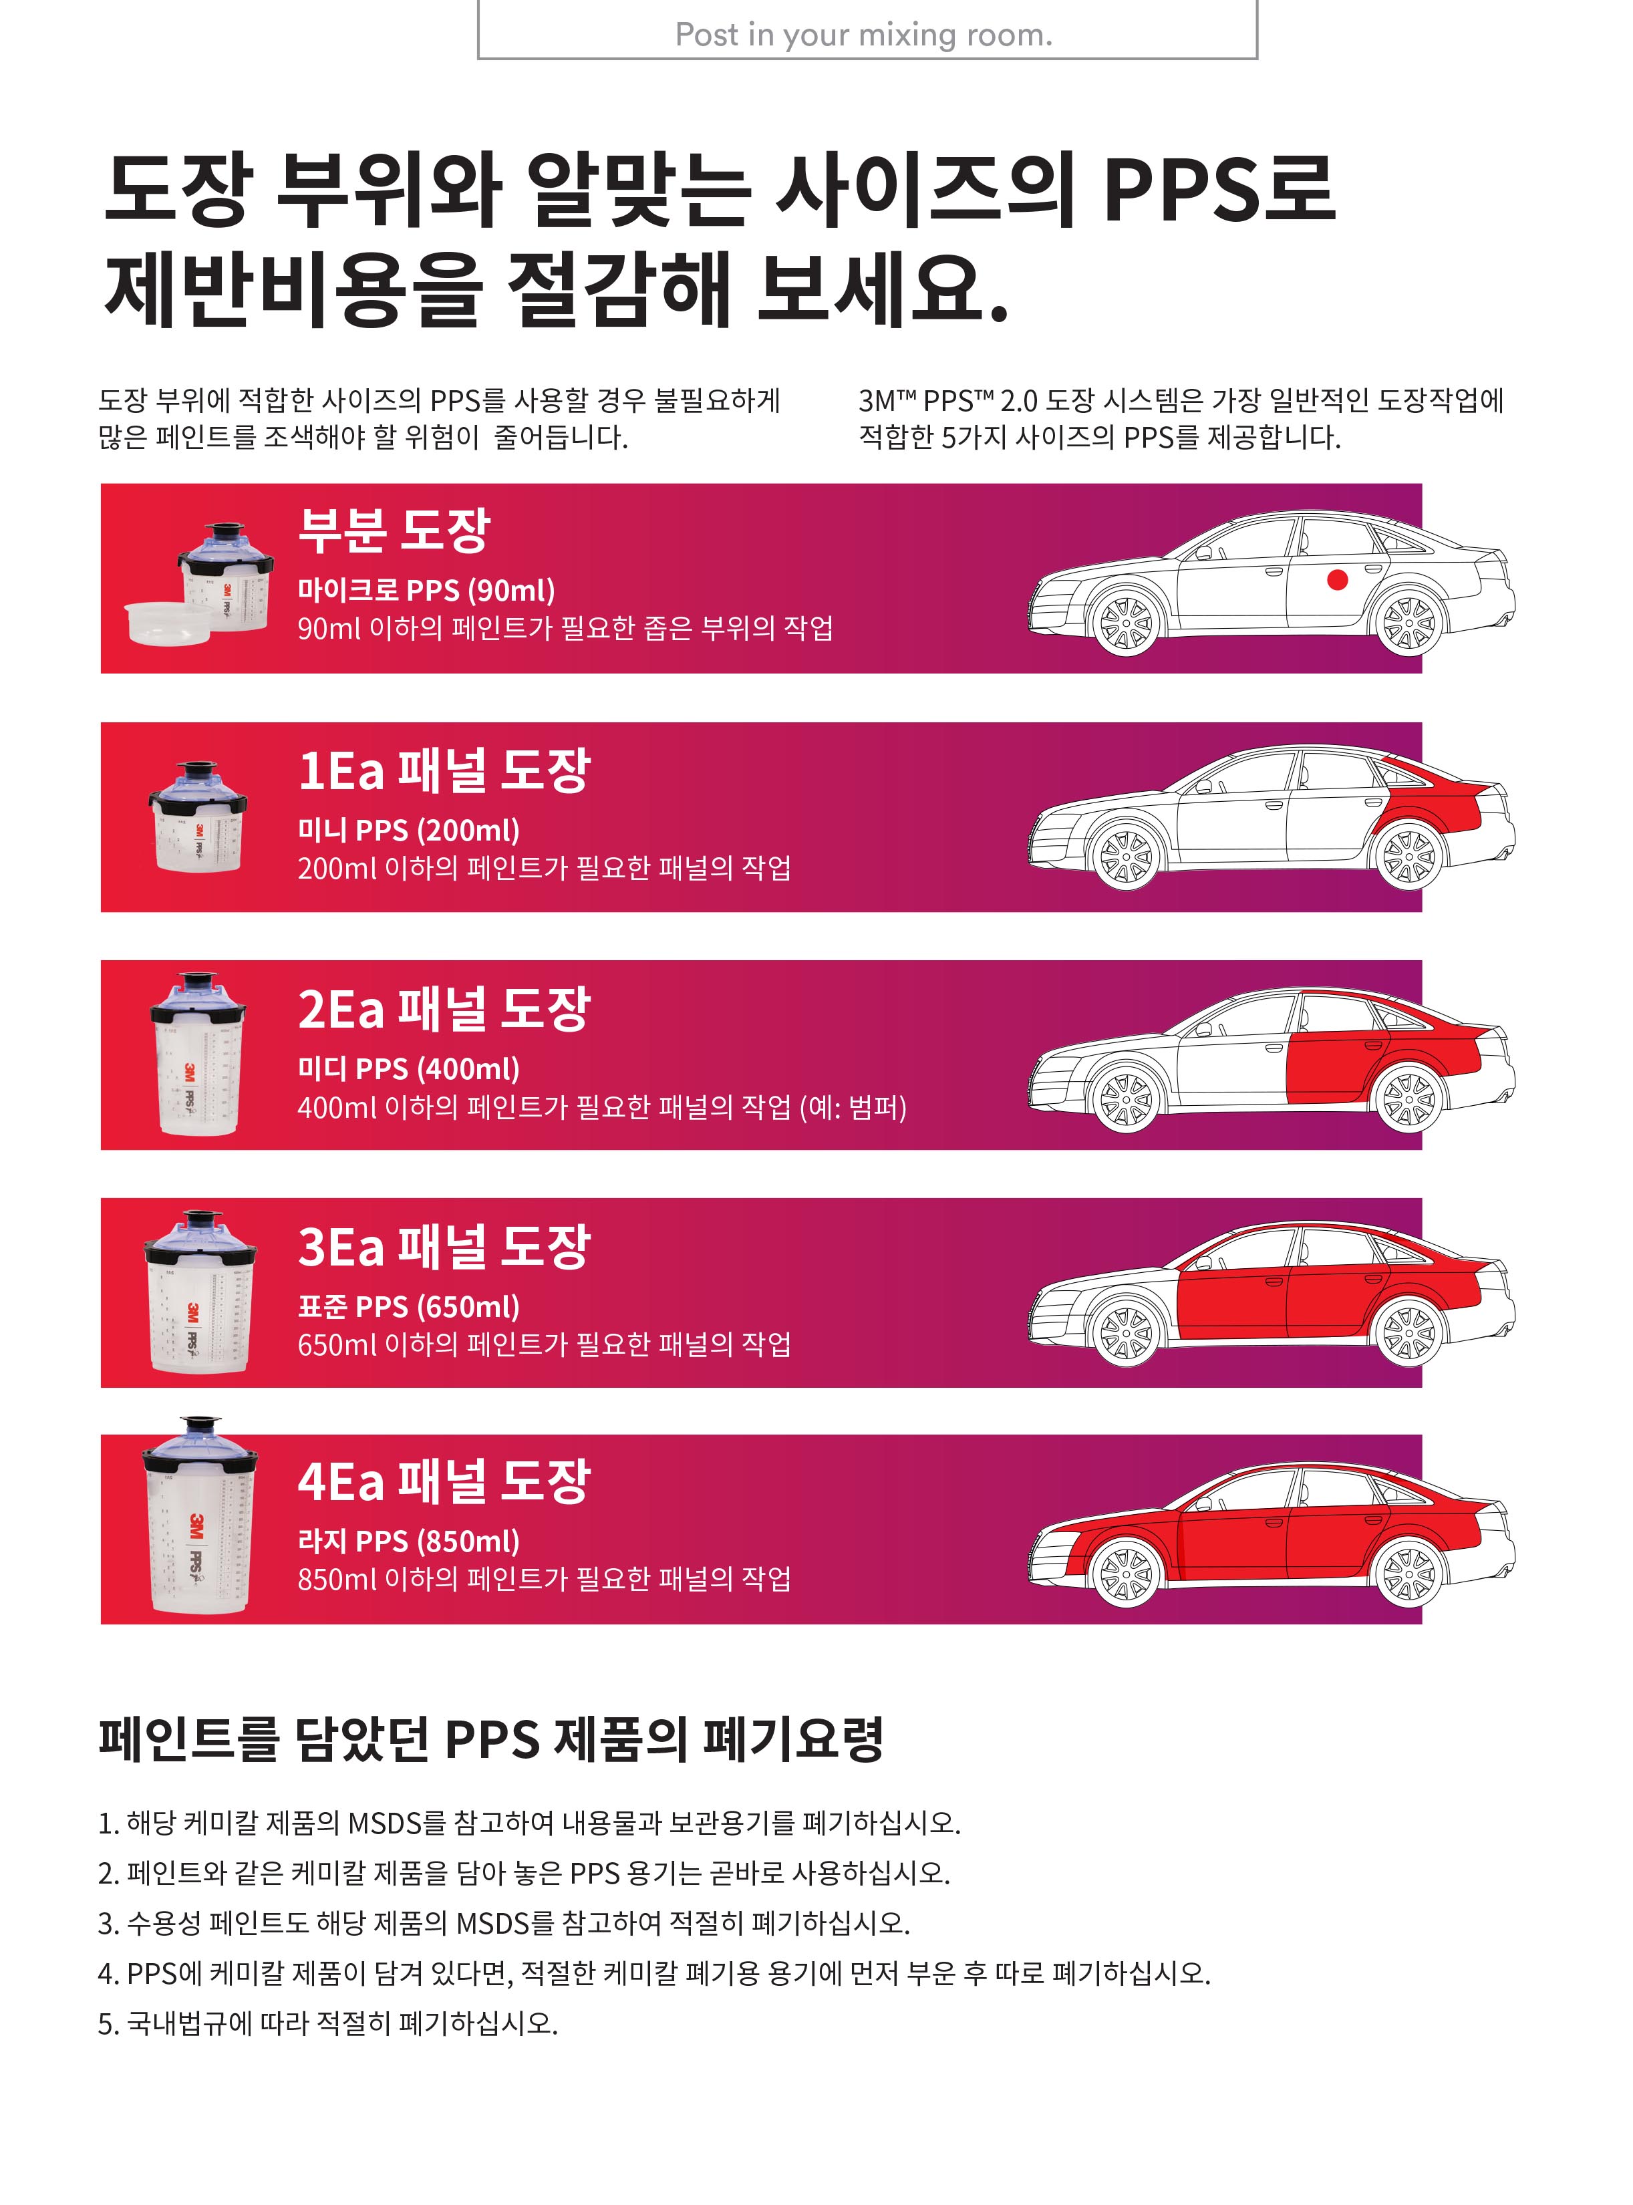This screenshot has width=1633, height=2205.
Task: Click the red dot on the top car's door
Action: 1338,580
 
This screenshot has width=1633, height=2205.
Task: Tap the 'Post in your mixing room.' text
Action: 864,35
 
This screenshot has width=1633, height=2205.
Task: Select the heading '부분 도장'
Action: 394,531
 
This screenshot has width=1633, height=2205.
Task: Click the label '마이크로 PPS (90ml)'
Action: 426,590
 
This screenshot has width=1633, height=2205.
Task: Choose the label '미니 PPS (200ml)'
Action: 408,830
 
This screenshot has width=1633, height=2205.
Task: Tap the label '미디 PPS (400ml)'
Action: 408,1068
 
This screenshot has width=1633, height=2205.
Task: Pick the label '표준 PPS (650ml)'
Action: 408,1306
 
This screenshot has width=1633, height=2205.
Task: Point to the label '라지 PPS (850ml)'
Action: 408,1541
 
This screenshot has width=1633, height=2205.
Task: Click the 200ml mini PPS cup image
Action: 198,817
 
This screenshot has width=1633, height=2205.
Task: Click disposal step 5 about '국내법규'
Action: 328,2023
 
